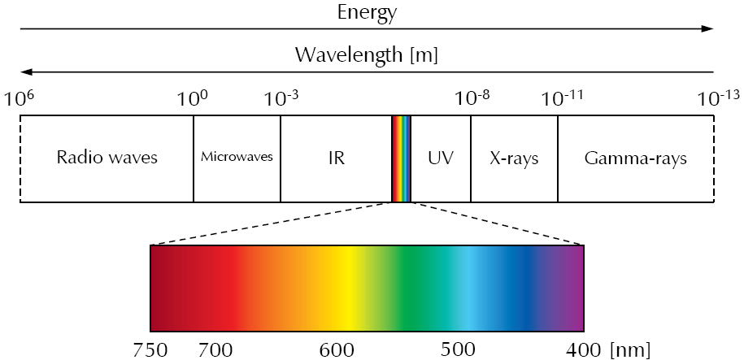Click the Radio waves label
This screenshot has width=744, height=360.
coord(107,158)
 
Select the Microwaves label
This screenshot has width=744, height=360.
coord(237,158)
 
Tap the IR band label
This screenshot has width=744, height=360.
coord(336,158)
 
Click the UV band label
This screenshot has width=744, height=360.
coord(440,158)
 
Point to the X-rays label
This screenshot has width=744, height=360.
coord(514,158)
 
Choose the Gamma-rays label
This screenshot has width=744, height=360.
coord(635,158)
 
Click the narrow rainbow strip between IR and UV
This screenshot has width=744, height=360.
coord(402,158)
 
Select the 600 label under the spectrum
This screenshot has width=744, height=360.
coord(335,350)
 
